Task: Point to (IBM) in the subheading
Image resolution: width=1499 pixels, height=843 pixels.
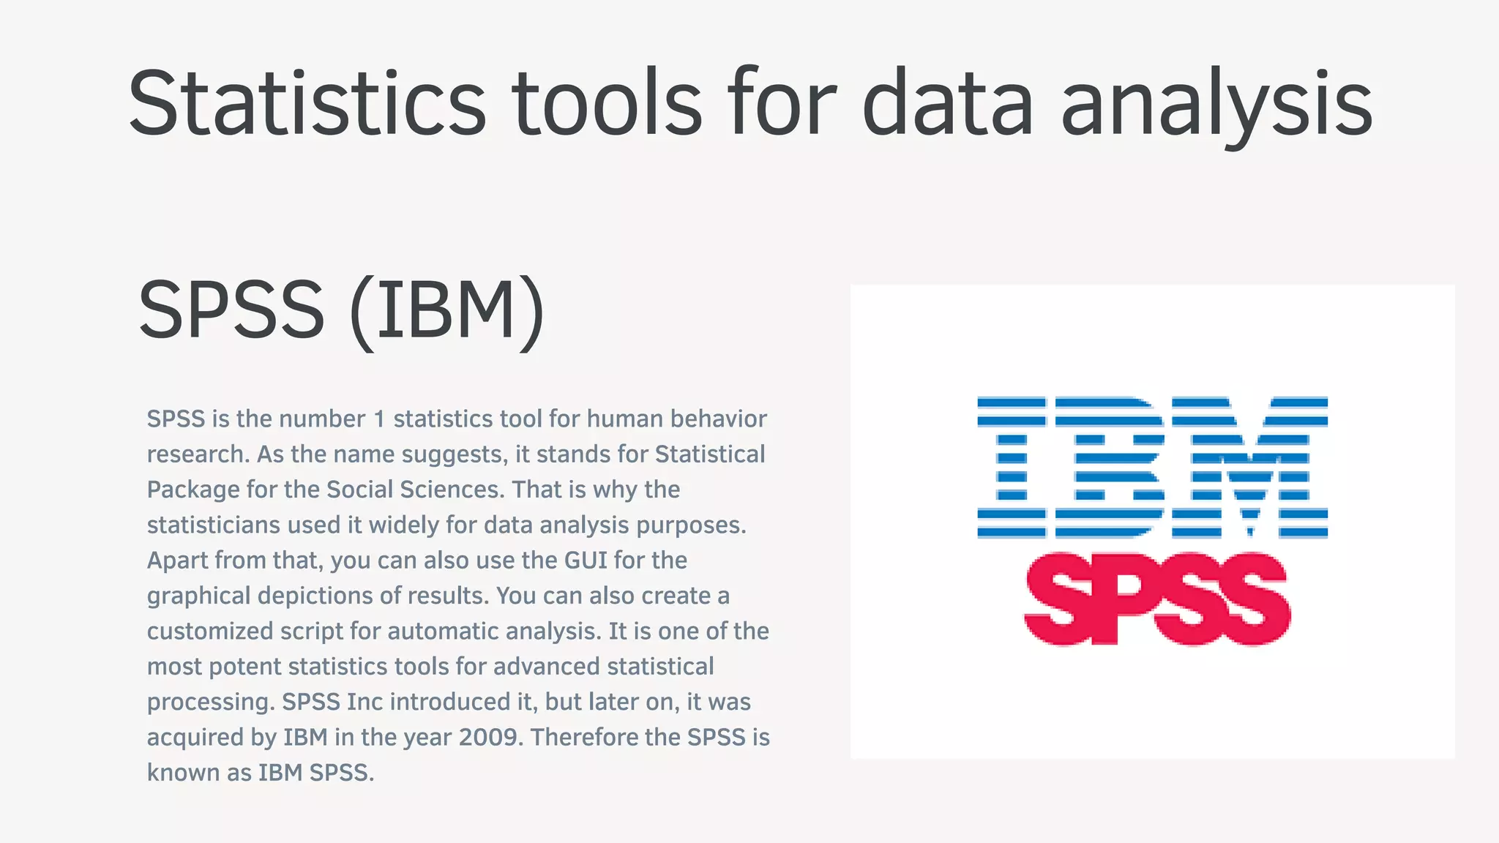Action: (447, 311)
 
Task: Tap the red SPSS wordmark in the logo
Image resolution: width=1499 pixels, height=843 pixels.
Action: (1156, 599)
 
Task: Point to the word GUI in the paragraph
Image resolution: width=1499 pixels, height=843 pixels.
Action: (586, 561)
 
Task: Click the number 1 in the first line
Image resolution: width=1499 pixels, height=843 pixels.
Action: (379, 419)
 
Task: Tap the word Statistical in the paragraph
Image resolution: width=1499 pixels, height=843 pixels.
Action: (710, 454)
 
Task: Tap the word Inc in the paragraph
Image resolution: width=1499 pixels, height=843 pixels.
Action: (365, 702)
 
